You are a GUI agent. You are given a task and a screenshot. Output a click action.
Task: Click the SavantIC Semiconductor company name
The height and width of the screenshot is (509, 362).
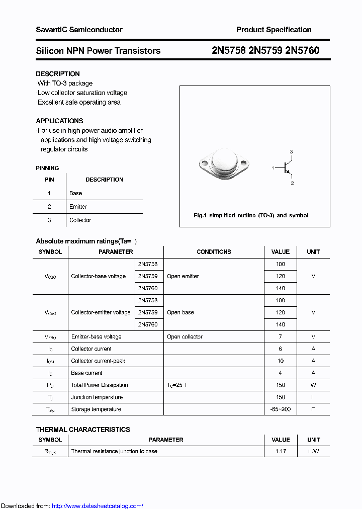tap(79, 30)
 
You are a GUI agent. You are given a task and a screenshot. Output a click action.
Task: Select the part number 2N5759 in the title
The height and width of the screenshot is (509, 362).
tap(265, 51)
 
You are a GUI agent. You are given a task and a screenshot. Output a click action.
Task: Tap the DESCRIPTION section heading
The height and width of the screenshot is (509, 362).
tap(58, 74)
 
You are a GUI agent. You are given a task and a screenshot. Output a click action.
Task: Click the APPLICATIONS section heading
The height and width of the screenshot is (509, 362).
tap(59, 121)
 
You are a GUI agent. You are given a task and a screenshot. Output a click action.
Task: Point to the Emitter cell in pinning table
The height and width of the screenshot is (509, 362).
tap(78, 207)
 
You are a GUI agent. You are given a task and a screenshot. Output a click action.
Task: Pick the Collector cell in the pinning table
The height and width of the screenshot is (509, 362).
tap(80, 220)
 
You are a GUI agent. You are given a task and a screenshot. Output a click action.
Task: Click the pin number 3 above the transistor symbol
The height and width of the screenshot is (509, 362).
tap(291, 152)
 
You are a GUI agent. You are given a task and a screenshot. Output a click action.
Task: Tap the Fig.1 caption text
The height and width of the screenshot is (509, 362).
tap(250, 215)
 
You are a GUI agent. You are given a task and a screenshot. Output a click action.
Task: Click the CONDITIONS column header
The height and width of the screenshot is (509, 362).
tap(214, 252)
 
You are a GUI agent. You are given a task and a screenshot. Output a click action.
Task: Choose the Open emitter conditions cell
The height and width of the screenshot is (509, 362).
tap(183, 276)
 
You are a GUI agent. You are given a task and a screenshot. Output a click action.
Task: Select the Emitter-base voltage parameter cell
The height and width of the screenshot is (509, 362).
tap(96, 336)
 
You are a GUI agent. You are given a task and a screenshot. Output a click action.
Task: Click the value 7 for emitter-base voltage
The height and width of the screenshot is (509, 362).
tap(280, 336)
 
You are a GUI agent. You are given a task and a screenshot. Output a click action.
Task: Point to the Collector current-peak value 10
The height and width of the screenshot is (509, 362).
tap(280, 361)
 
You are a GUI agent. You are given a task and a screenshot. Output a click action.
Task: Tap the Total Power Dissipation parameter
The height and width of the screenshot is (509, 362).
tap(100, 385)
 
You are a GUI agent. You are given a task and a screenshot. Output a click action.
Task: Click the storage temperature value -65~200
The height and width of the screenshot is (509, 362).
tap(280, 409)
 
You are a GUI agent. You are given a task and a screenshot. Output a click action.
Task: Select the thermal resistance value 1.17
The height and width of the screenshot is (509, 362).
tap(280, 451)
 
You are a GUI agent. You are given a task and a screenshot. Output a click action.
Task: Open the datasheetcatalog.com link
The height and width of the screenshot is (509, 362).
tap(98, 506)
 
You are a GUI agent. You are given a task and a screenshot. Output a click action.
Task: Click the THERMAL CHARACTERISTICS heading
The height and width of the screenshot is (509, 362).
tap(83, 430)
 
